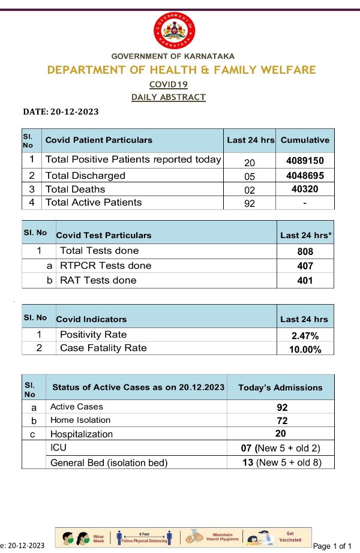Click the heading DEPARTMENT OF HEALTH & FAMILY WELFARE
181,70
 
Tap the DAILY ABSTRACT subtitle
169,97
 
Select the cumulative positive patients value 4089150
305,161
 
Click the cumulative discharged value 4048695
305,176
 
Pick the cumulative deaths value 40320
305,190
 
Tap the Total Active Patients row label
94,203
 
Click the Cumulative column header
305,140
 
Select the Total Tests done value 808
305,252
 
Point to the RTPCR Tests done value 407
305,266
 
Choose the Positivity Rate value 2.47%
305,336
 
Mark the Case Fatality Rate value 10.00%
305,349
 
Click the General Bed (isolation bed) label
109,462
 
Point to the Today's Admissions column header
280,387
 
